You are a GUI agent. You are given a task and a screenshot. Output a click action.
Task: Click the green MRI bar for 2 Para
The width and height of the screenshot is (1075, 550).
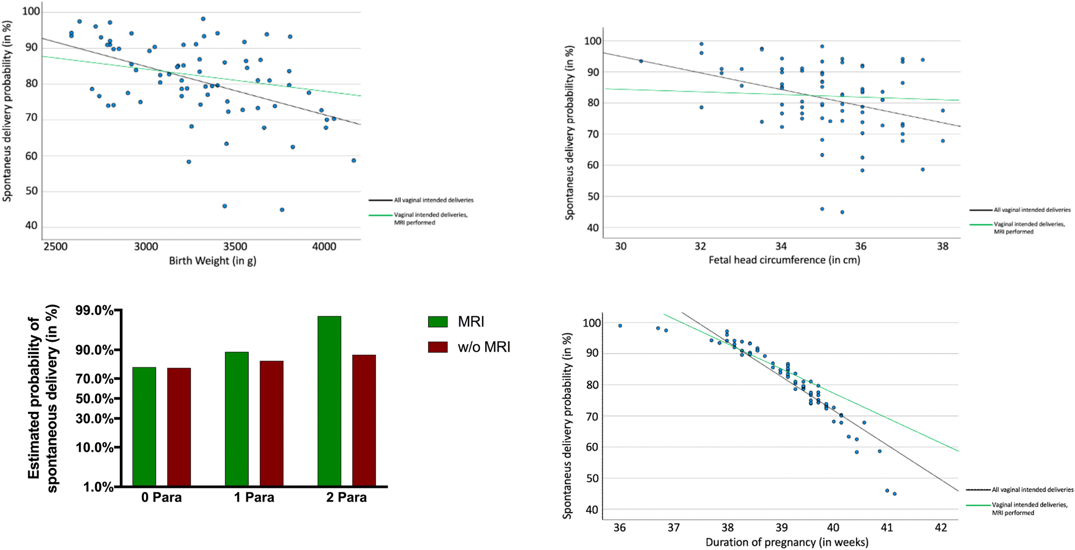(x=329, y=401)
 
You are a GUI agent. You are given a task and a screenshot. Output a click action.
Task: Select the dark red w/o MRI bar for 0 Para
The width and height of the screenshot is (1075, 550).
(x=179, y=427)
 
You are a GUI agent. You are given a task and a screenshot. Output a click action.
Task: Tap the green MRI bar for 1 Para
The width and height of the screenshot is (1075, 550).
(x=236, y=419)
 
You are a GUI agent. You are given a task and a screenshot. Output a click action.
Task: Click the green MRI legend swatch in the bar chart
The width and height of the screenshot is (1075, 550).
(x=437, y=322)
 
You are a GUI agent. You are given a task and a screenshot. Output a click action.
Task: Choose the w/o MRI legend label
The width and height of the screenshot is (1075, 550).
(x=484, y=347)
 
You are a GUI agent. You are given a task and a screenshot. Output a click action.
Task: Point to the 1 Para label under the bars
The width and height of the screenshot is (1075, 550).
(x=254, y=497)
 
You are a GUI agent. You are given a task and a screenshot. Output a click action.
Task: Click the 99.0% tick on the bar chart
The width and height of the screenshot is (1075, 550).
(x=95, y=310)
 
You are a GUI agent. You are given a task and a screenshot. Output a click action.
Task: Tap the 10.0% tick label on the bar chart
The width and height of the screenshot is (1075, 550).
(x=95, y=447)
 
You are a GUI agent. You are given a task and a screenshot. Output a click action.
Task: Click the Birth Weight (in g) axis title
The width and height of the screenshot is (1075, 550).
(x=212, y=261)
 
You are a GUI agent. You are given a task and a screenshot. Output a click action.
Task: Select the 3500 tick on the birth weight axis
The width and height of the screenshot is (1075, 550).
(x=235, y=247)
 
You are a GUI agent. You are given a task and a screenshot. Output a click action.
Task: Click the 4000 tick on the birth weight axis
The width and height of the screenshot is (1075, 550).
(x=324, y=247)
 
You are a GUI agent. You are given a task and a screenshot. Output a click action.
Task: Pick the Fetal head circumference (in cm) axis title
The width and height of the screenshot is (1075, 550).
(x=784, y=260)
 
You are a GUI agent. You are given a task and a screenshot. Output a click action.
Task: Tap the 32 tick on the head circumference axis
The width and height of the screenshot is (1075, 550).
(x=700, y=246)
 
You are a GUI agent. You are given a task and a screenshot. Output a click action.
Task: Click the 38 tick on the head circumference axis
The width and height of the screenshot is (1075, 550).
(x=942, y=246)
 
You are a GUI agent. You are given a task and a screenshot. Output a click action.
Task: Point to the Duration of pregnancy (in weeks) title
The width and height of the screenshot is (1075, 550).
(x=787, y=542)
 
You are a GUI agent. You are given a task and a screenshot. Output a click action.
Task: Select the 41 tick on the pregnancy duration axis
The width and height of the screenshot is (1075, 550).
(x=886, y=527)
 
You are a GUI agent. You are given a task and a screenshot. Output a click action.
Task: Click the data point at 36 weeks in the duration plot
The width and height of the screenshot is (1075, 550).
(x=620, y=325)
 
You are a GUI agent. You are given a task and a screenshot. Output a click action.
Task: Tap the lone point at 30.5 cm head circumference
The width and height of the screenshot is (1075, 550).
(x=640, y=61)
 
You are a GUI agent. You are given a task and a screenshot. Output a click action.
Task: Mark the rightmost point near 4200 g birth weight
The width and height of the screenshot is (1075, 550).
(x=353, y=161)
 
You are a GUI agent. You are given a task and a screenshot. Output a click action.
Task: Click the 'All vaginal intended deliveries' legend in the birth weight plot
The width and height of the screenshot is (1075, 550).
(x=433, y=200)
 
